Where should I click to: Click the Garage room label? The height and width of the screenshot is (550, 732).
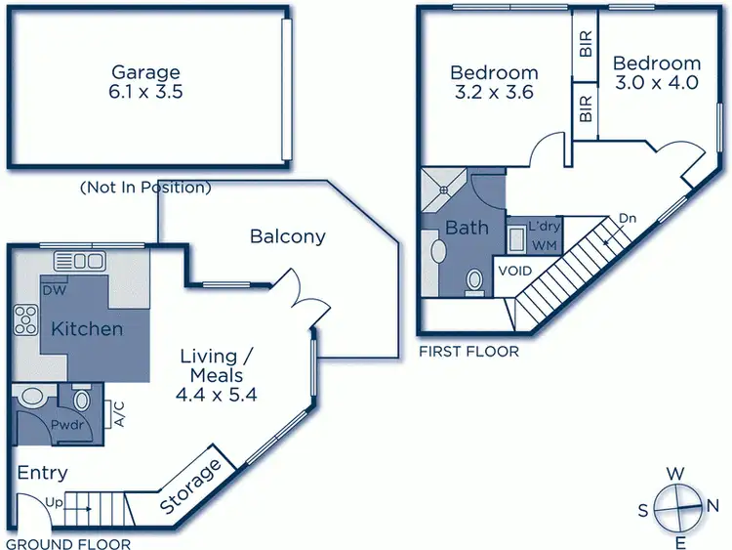[x=145, y=72]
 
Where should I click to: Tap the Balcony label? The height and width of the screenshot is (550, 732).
[x=287, y=236]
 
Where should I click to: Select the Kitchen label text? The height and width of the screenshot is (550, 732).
[x=88, y=328]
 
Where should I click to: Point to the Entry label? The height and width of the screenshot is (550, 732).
[x=43, y=474]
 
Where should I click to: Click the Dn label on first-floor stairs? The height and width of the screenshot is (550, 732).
[x=628, y=219]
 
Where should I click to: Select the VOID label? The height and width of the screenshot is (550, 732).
[x=514, y=271]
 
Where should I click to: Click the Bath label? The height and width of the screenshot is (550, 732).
[x=467, y=228]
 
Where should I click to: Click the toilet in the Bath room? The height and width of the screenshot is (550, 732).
[x=474, y=281]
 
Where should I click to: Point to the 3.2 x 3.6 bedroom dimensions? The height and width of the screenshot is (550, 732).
[x=494, y=96]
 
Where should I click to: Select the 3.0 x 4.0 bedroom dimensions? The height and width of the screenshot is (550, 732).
[x=657, y=83]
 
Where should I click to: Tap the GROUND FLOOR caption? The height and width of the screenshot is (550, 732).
[x=68, y=544]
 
